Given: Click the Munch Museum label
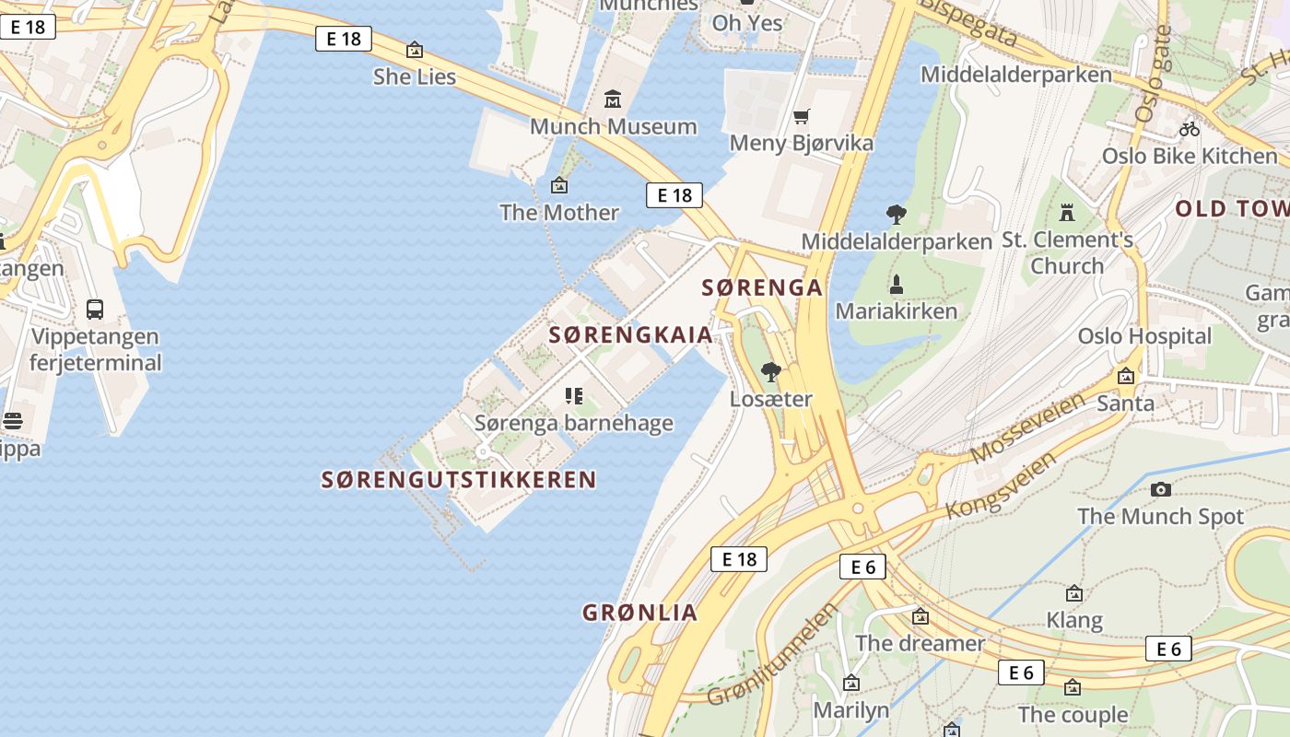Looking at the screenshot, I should [x=613, y=126].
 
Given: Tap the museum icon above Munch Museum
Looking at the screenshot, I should [x=613, y=99].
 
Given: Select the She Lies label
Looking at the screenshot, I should [x=415, y=76].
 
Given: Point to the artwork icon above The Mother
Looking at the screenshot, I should [x=558, y=185].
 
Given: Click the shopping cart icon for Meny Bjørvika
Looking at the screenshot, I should [x=801, y=116].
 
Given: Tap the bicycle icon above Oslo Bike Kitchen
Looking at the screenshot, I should [x=1190, y=129].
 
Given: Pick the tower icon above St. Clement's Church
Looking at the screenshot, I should [x=1067, y=213].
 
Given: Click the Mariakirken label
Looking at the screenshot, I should [x=897, y=310].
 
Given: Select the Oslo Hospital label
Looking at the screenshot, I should [x=1144, y=336].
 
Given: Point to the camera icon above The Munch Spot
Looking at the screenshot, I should [x=1161, y=489].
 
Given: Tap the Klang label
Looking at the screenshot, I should [x=1074, y=620].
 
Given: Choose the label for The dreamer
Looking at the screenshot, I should [x=921, y=643].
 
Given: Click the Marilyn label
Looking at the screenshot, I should [x=850, y=710].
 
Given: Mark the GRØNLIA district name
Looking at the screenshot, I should [x=639, y=613].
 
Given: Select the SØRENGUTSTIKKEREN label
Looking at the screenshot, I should [x=459, y=480].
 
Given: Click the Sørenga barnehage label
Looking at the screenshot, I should [x=573, y=424].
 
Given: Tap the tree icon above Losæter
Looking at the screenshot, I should [x=771, y=372].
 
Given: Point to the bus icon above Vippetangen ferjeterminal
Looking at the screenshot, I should [x=94, y=310].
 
